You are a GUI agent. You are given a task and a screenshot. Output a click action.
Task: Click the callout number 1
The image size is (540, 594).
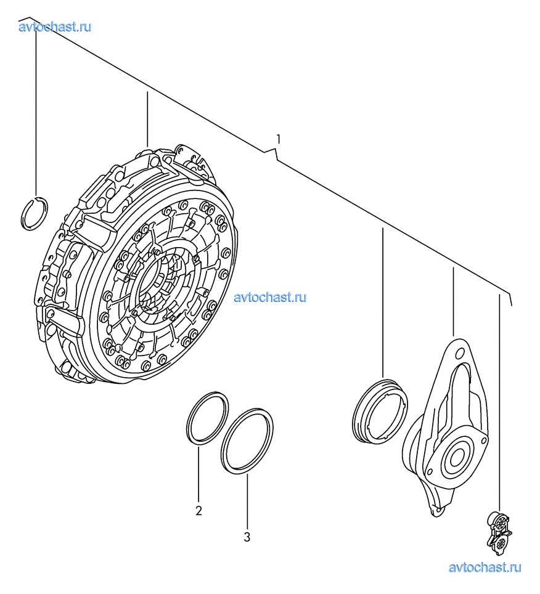(x=279, y=139)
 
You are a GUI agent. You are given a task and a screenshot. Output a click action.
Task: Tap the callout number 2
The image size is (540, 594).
(x=198, y=511)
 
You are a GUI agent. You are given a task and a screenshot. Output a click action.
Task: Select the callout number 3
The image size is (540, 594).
(x=247, y=537)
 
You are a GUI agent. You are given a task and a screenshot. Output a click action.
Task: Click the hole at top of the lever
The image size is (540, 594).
(x=459, y=354)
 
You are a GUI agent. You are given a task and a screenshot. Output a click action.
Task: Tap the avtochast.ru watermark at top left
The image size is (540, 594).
(x=55, y=27)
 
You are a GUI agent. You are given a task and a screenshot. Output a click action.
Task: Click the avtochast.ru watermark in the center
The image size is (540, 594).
(x=270, y=298)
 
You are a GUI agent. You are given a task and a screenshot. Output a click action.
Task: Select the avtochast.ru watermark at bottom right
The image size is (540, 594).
(x=485, y=568)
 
